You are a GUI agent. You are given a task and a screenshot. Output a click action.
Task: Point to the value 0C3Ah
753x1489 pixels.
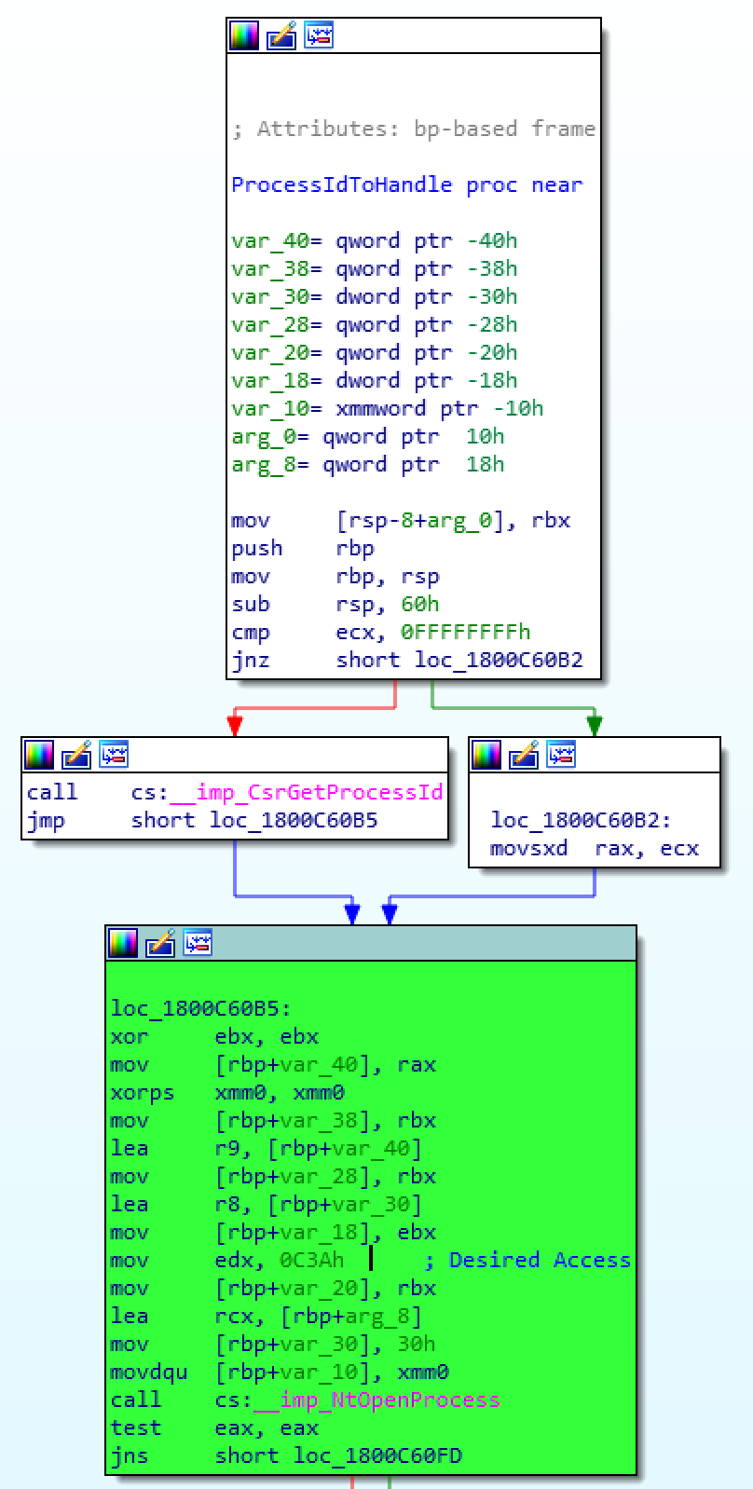click(x=311, y=1260)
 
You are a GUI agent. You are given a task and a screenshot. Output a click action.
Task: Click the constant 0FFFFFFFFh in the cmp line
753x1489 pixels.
click(x=465, y=632)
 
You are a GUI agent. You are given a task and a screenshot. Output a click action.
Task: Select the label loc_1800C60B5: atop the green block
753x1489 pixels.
click(x=200, y=1008)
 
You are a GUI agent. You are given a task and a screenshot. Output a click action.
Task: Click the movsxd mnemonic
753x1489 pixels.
click(x=528, y=848)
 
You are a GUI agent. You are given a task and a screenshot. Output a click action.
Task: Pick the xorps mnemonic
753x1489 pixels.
click(x=142, y=1092)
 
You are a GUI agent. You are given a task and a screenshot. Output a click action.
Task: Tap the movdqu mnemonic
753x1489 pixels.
click(x=148, y=1372)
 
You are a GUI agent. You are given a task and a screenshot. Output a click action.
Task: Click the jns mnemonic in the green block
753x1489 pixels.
click(x=129, y=1455)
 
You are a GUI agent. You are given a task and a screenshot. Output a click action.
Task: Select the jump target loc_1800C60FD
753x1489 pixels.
click(x=377, y=1455)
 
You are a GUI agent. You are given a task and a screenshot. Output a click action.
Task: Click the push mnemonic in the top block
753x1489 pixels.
click(x=256, y=548)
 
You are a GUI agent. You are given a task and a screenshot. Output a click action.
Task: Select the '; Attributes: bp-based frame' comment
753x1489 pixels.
click(x=413, y=129)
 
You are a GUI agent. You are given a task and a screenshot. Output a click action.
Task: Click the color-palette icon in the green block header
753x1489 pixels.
click(x=123, y=943)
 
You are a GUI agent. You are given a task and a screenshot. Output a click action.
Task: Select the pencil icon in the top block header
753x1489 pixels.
click(x=281, y=35)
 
